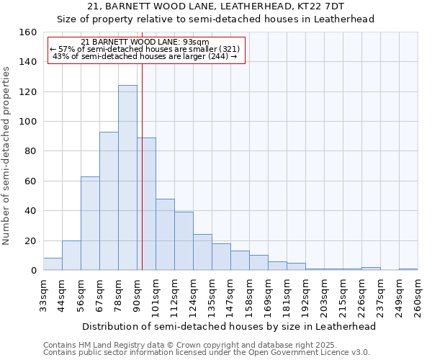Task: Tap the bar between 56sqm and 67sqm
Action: click(90, 223)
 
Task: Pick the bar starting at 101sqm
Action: click(165, 235)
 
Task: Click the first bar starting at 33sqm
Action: click(53, 264)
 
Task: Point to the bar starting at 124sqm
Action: click(202, 252)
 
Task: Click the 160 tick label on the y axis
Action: click(27, 32)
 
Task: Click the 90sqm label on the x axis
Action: click(137, 295)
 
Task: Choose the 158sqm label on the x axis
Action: click(249, 295)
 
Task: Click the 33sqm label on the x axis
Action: click(43, 295)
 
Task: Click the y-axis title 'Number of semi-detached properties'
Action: click(6, 152)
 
